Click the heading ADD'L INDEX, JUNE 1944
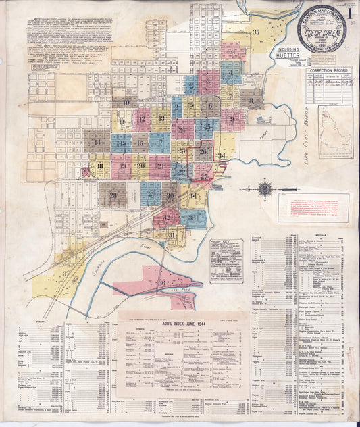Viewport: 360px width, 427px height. [174, 324]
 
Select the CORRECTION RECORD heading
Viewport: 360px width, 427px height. [328, 70]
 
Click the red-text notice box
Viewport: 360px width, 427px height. [313, 207]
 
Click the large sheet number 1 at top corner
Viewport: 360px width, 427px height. [350, 11]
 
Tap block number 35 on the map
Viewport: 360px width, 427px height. [256, 32]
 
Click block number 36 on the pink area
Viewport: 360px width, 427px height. [161, 282]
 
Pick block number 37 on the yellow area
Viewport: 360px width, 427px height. [66, 274]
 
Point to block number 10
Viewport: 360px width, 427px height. [126, 103]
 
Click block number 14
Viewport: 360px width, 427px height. [97, 142]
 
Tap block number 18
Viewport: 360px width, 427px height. [100, 166]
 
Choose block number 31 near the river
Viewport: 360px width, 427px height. [172, 235]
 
